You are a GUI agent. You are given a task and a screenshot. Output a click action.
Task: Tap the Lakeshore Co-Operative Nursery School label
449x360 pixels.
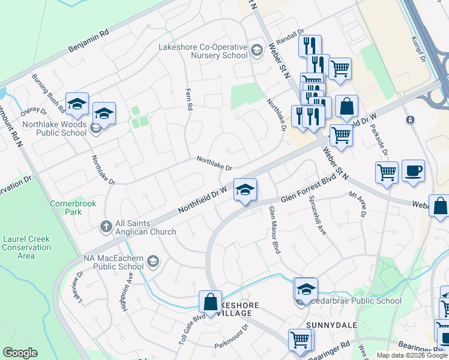point(203,51)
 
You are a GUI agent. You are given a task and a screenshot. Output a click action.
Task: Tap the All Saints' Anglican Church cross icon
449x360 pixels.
point(106,227)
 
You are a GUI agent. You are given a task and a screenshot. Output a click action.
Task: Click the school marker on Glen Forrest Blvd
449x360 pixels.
point(245,190)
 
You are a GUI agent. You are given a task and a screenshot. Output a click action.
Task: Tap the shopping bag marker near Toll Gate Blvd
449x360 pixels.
point(211,302)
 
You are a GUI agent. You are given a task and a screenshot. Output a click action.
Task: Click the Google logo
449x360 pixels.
point(20,353)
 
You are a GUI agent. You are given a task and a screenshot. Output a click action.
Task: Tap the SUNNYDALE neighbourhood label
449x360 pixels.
point(331,325)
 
